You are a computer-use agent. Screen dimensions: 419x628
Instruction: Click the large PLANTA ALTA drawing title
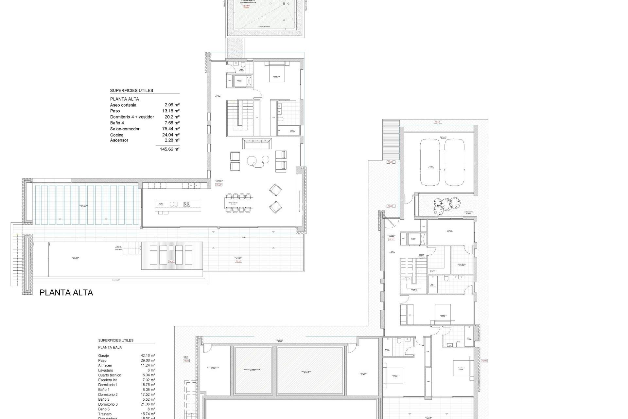(66, 293)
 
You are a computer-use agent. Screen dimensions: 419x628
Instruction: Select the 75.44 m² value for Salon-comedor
(171, 129)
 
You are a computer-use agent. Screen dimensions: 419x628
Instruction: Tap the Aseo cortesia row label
(123, 105)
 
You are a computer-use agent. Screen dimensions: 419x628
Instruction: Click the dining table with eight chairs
(238, 203)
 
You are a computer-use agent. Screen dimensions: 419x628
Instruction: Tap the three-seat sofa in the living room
(257, 143)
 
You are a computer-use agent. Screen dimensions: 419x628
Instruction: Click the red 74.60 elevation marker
(171, 262)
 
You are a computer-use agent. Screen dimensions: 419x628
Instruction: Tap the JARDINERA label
(468, 212)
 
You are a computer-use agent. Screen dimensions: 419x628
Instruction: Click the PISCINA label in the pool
(76, 258)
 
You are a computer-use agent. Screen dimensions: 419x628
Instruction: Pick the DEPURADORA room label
(213, 367)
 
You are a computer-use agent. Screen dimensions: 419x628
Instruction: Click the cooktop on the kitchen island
(187, 204)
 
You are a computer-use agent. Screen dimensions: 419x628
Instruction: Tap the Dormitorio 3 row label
(108, 404)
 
